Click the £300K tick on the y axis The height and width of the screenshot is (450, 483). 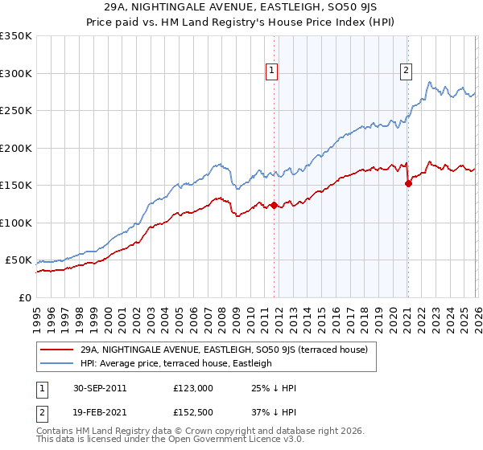coord(16,73)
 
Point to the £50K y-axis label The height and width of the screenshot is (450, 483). coord(19,260)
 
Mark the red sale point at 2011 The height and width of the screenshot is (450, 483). coord(274,205)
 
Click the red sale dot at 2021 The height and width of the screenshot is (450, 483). coord(408,183)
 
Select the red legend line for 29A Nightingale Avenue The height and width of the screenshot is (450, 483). coord(57,350)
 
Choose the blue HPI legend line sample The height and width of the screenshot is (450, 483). coord(57,363)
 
